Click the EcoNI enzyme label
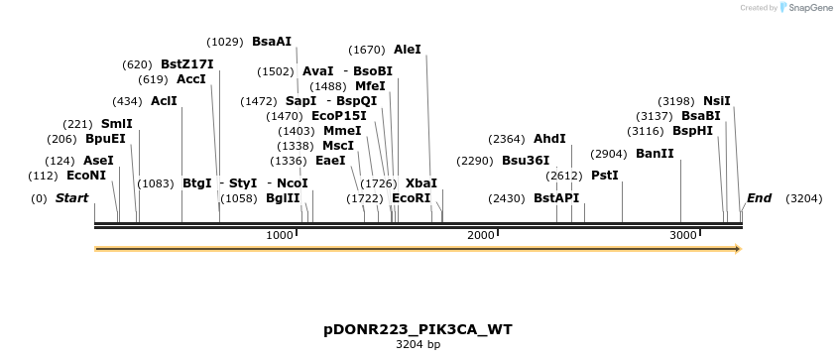click(x=86, y=176)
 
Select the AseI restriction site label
click(x=98, y=160)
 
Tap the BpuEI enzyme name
click(x=105, y=139)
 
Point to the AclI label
click(x=164, y=101)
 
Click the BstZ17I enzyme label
click(x=186, y=64)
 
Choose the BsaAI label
click(x=272, y=42)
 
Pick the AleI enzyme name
click(x=408, y=50)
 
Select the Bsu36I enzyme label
click(x=526, y=161)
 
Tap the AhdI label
click(x=549, y=139)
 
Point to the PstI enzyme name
click(x=605, y=176)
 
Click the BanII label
click(x=655, y=154)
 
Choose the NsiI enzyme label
click(x=716, y=101)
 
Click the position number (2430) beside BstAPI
click(x=507, y=198)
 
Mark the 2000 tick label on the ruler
click(x=480, y=235)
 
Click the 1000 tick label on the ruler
click(x=280, y=235)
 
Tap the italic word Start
click(x=71, y=198)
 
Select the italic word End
click(x=759, y=198)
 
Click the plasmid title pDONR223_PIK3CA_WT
click(x=418, y=328)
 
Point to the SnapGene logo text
click(x=810, y=8)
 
